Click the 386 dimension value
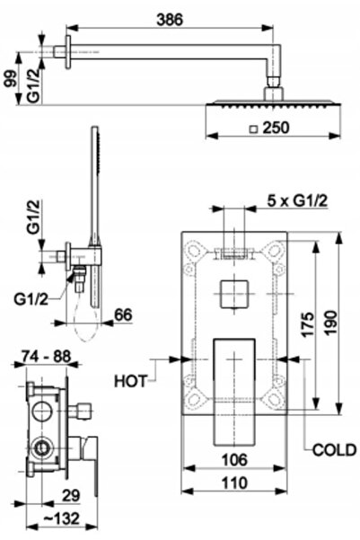click(x=170, y=20)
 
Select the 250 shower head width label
click(x=276, y=128)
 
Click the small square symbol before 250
click(x=254, y=128)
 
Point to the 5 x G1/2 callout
click(x=297, y=200)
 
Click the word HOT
click(x=130, y=381)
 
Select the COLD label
click(x=334, y=450)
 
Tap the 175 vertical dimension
click(x=307, y=324)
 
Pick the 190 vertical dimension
click(x=330, y=323)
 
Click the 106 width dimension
click(x=234, y=460)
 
